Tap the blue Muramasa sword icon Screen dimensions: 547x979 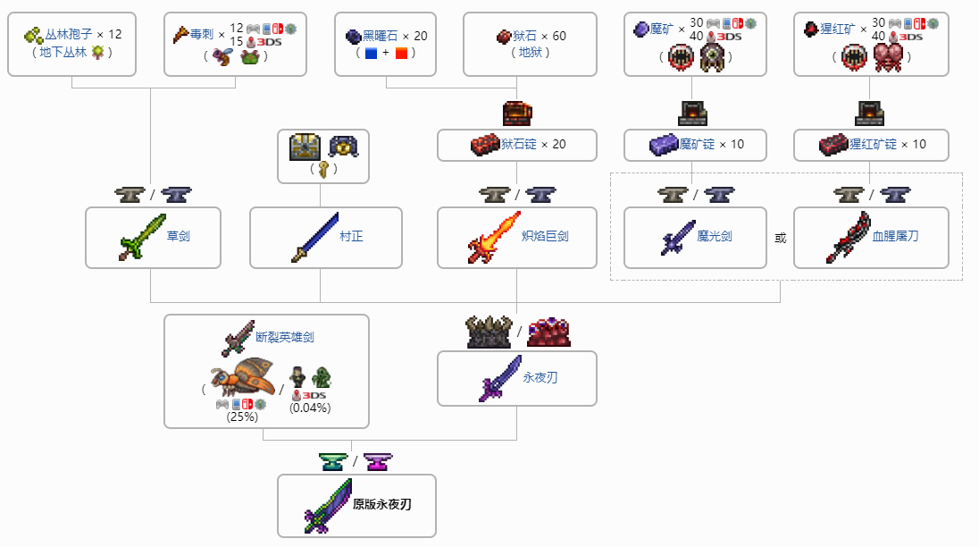pos(314,238)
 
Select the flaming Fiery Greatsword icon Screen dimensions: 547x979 pos(494,238)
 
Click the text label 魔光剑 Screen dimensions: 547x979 pos(715,237)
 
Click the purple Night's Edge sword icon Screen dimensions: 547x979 pos(499,377)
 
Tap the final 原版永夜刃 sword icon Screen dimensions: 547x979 pos(328,505)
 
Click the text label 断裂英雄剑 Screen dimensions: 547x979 pos(284,337)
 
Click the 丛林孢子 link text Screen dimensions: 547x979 pos(69,35)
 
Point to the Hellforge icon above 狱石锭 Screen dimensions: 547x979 pos(517,113)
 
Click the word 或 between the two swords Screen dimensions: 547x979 pos(780,239)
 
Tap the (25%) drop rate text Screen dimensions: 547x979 pos(241,416)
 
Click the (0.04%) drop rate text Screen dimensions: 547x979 pos(310,408)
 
